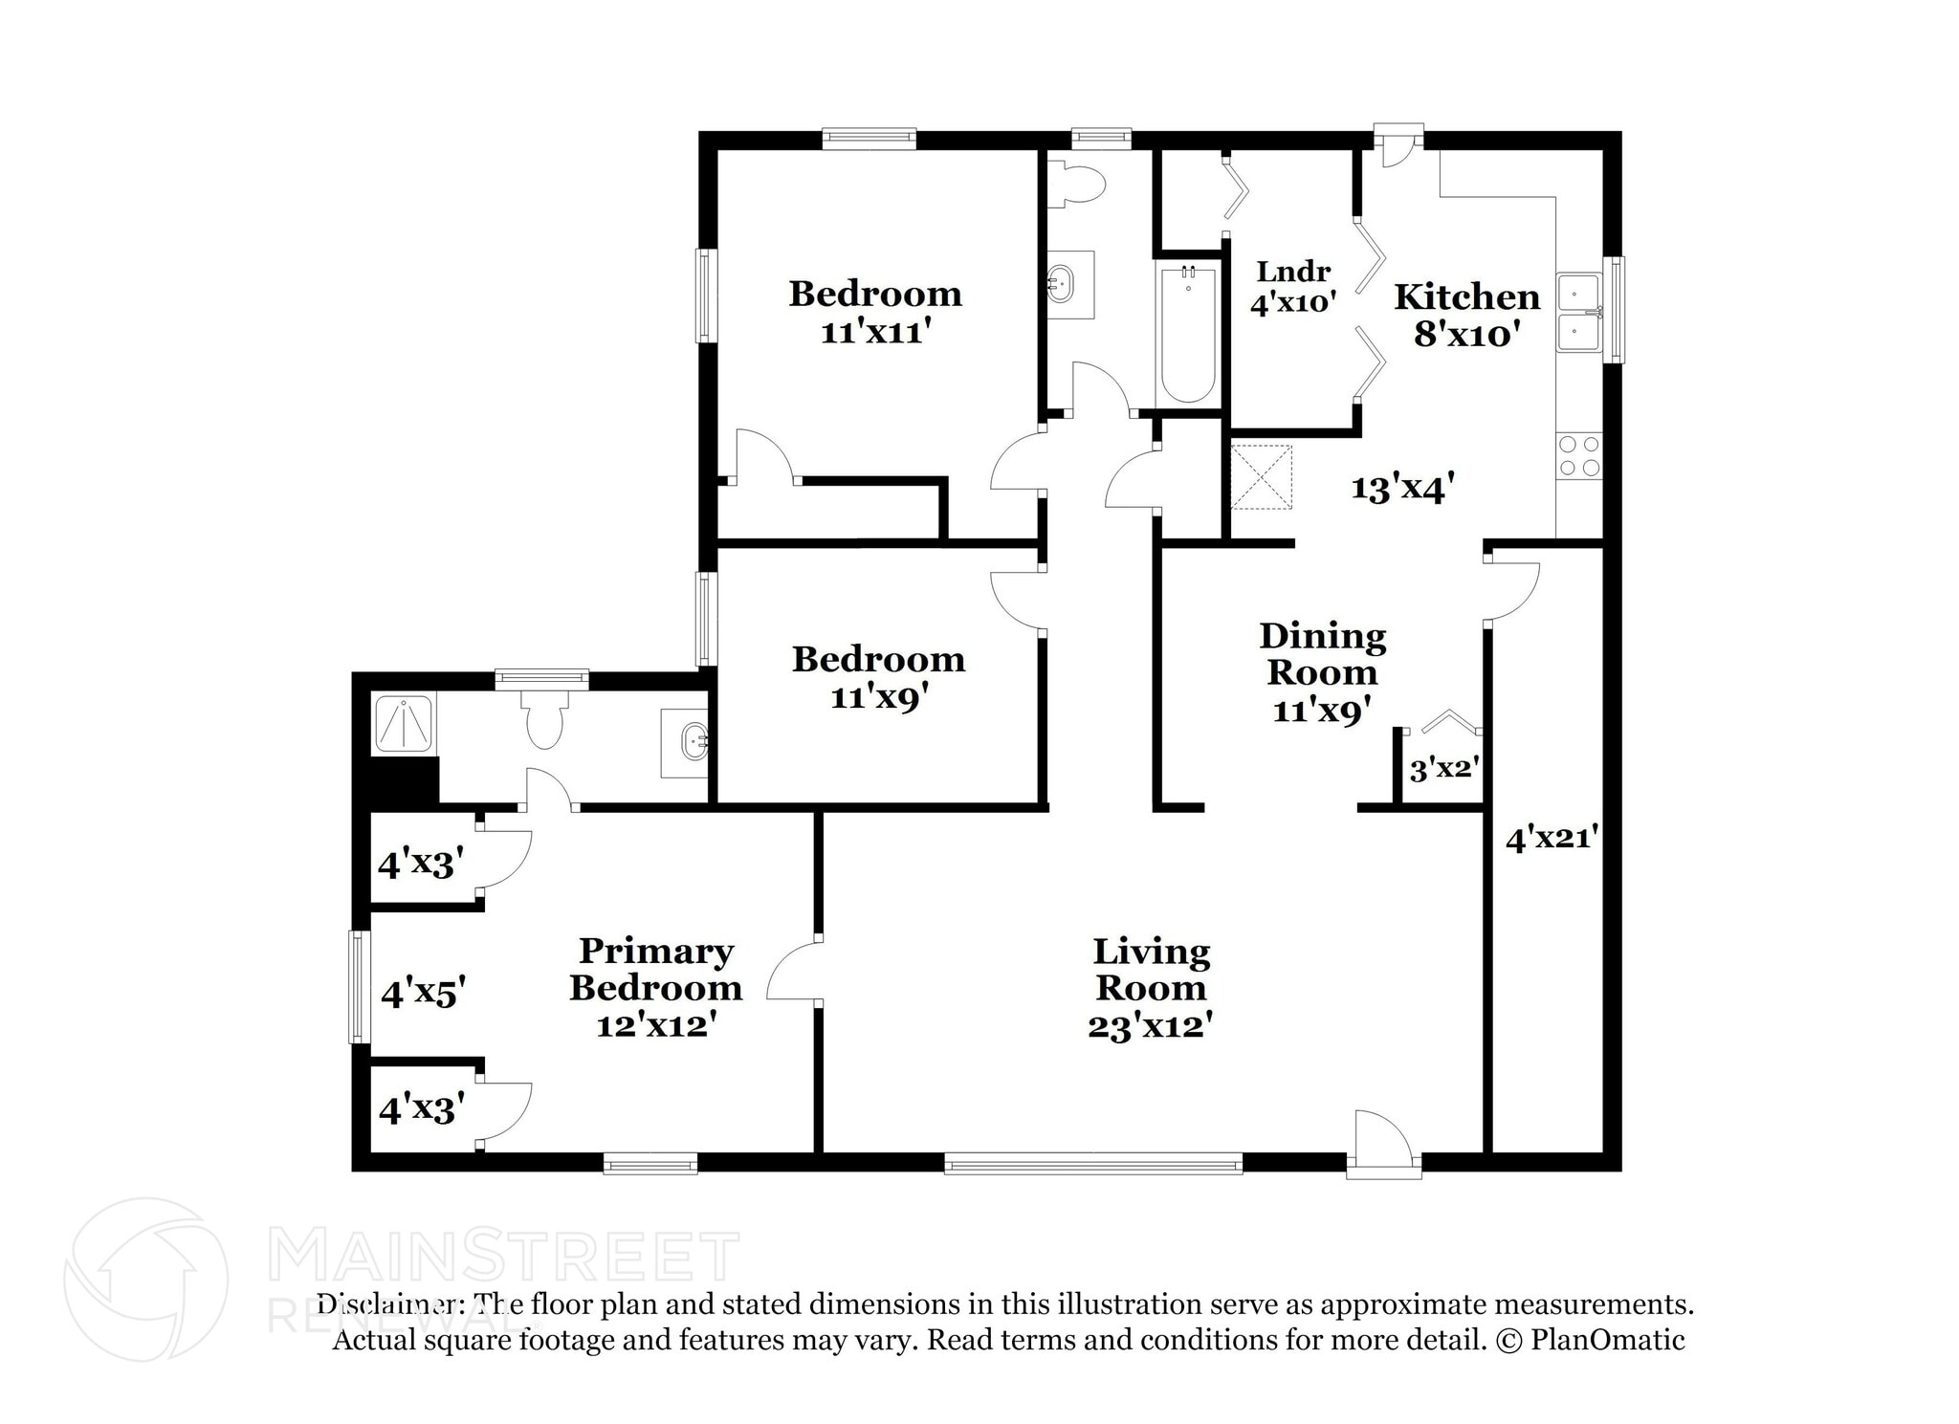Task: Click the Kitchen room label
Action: click(1466, 296)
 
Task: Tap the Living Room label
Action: click(1151, 970)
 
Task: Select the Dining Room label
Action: click(1322, 654)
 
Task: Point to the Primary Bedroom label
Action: click(655, 970)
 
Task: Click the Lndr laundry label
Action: click(1293, 272)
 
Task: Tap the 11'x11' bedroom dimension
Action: click(876, 332)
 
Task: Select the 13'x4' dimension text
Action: click(1402, 488)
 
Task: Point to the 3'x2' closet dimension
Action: click(1444, 768)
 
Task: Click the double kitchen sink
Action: click(1579, 313)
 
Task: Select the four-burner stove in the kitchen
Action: click(1579, 456)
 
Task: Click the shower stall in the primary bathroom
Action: click(404, 724)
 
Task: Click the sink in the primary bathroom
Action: click(685, 742)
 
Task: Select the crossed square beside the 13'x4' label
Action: click(1261, 476)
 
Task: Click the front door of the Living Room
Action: click(1383, 1140)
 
